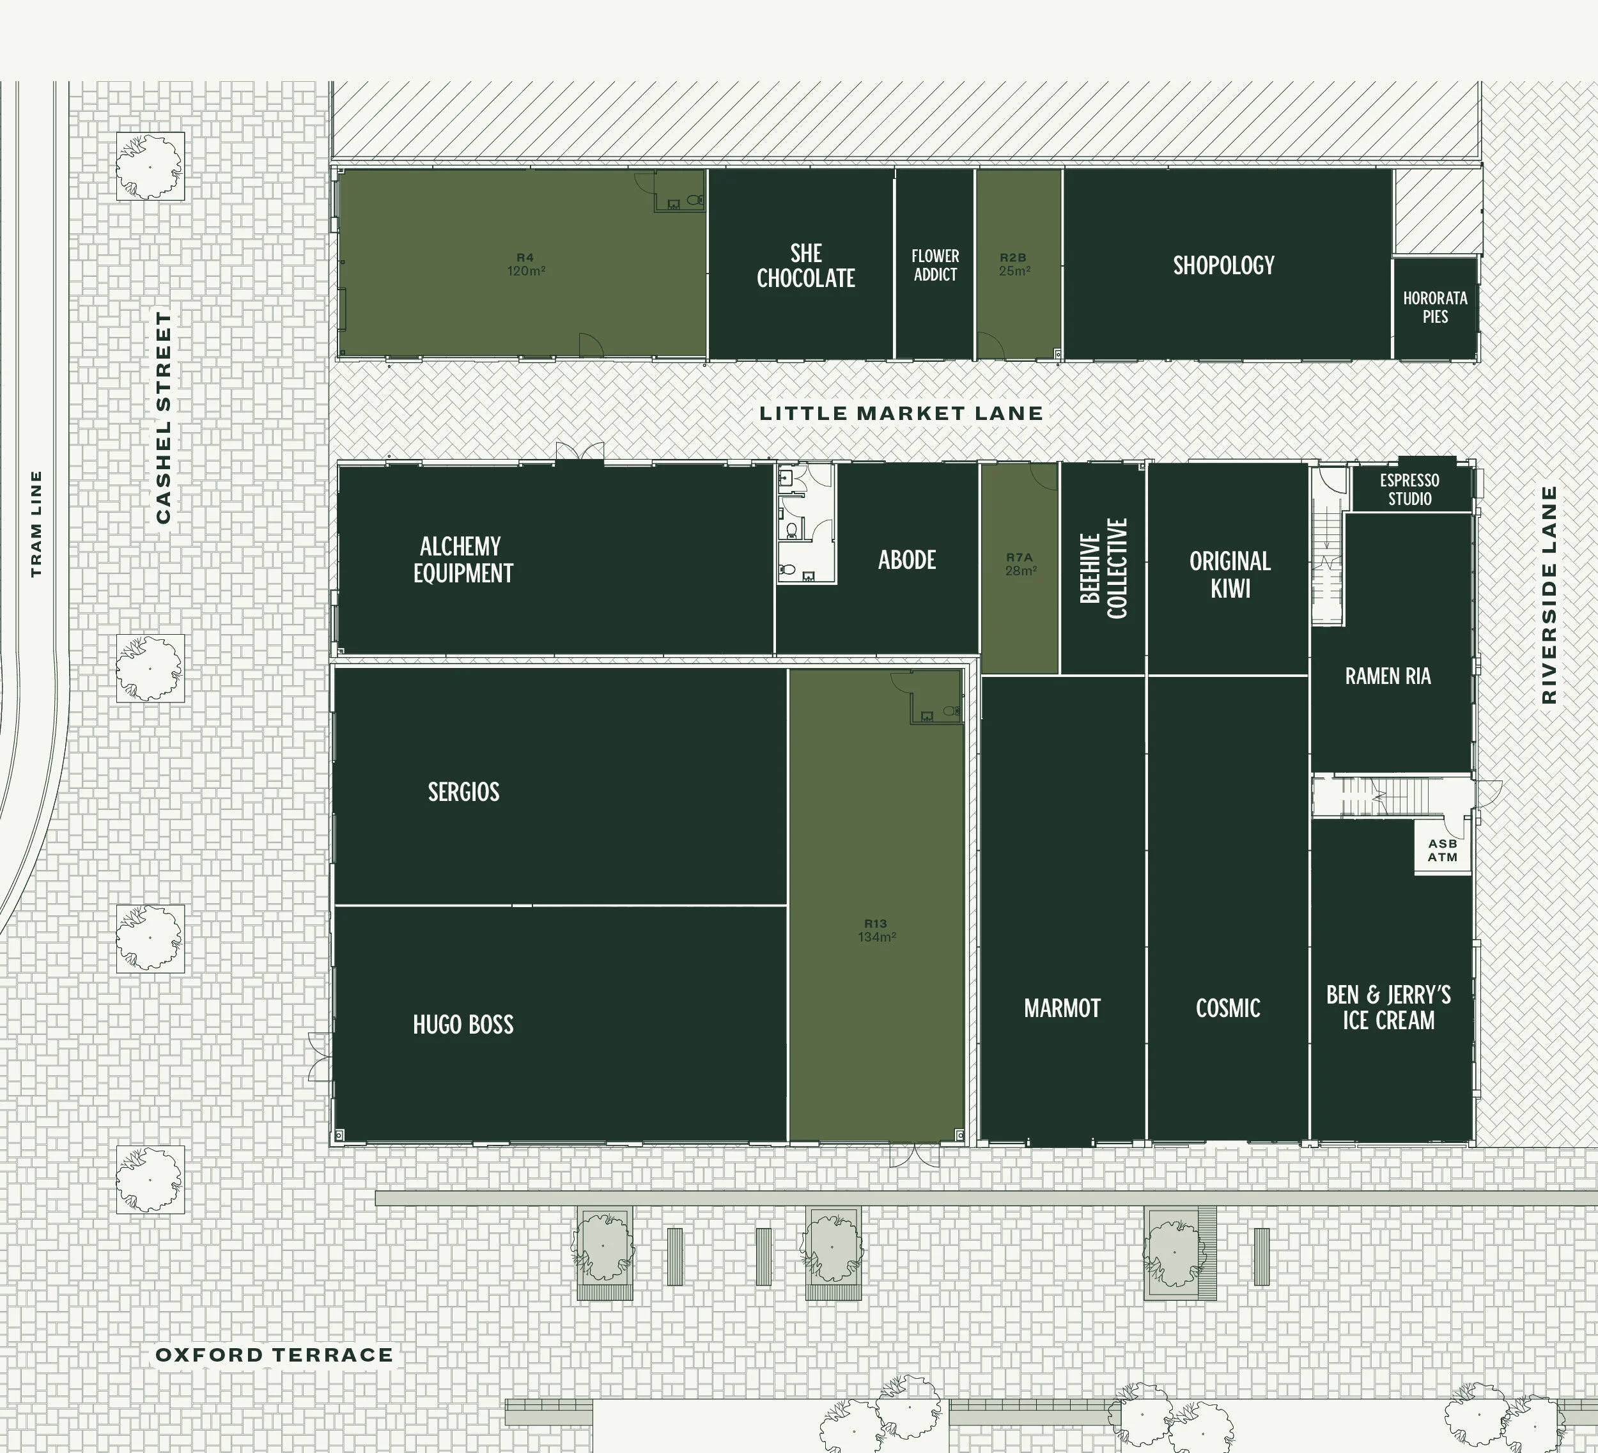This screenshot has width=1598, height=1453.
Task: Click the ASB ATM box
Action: click(1443, 850)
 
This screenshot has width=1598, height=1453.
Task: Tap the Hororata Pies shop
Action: click(1435, 307)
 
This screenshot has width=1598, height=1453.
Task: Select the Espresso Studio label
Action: click(1409, 489)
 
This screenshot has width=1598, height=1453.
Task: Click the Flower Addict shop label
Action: click(935, 265)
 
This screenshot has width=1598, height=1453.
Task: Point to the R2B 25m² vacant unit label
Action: click(1014, 265)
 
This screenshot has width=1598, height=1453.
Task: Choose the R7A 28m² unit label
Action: click(1020, 564)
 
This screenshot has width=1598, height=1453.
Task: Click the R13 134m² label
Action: click(876, 930)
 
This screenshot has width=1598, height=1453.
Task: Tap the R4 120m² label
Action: click(525, 264)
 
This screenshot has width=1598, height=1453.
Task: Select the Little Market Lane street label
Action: click(901, 413)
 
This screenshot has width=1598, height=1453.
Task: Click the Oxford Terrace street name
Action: click(274, 1355)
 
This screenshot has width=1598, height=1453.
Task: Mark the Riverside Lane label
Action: click(1548, 594)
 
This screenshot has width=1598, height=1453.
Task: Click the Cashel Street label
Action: click(163, 417)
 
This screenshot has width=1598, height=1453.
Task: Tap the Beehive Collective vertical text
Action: click(1103, 568)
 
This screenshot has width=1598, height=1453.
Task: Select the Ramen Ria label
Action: click(1388, 676)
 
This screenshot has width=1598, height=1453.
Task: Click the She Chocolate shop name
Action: click(805, 265)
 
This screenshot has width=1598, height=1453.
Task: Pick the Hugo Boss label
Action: click(463, 1024)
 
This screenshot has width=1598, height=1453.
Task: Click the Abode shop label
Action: click(907, 559)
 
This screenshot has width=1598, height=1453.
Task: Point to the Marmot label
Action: click(1062, 1007)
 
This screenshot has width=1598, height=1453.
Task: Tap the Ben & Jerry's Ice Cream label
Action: click(1388, 1007)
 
